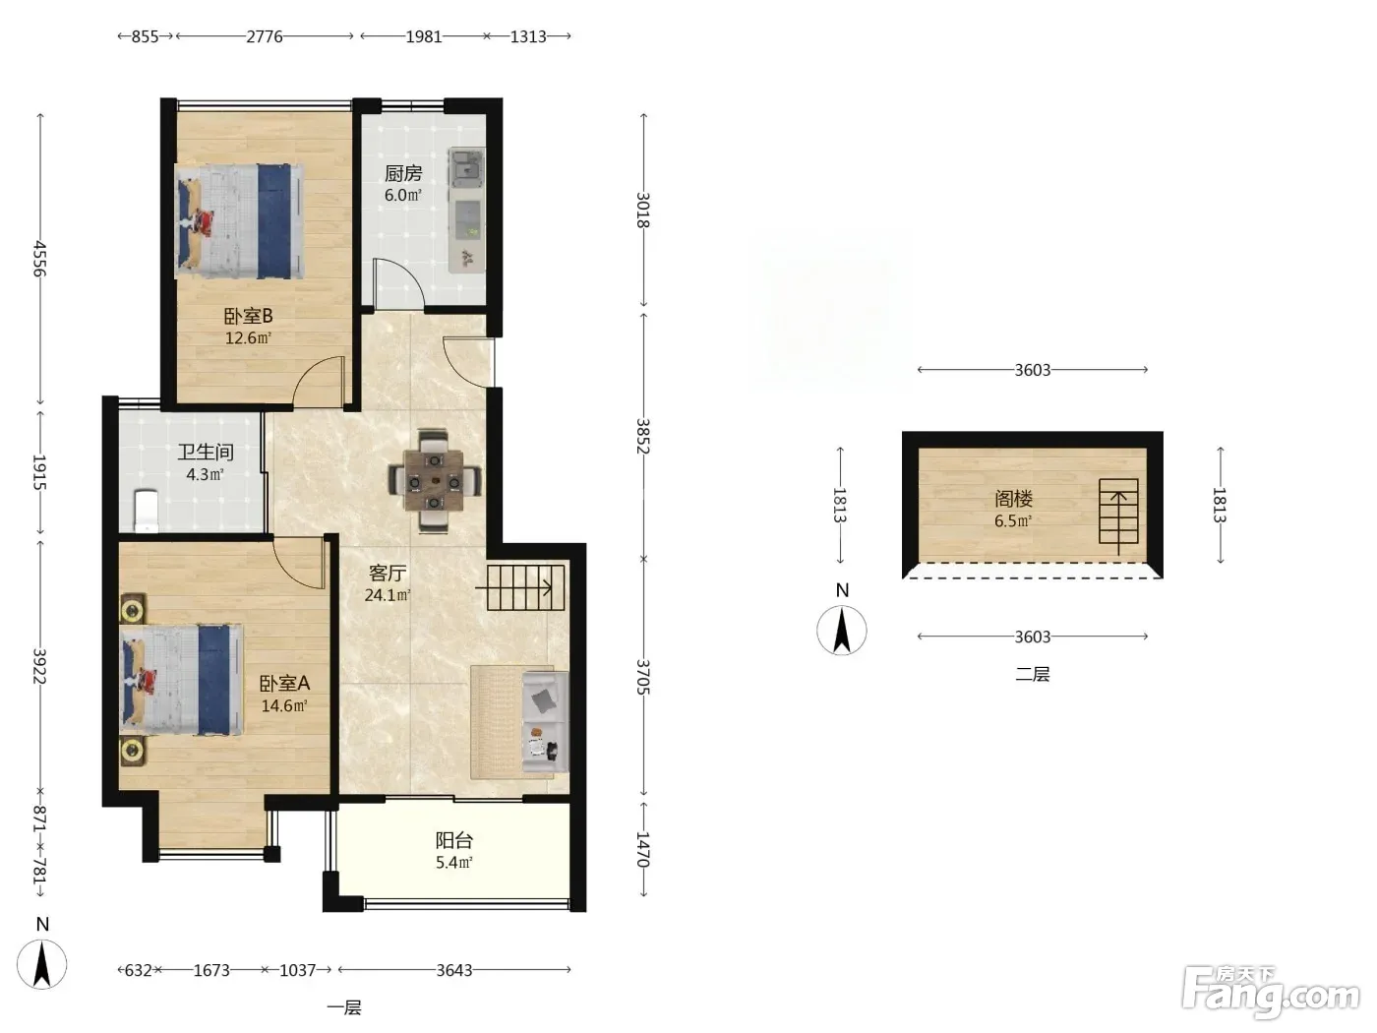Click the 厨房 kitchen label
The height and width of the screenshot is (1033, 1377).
(402, 173)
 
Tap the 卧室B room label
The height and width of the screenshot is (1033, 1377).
(249, 316)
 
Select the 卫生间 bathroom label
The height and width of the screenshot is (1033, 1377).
(206, 452)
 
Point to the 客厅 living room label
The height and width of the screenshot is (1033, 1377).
(388, 573)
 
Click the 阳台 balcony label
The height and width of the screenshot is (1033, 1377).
(454, 840)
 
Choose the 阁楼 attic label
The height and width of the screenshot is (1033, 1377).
(1013, 499)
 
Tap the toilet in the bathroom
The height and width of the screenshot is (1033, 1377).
(147, 511)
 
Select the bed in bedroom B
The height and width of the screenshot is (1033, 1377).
(239, 221)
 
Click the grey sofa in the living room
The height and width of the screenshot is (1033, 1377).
(545, 722)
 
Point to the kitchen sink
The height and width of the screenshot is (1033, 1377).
(467, 167)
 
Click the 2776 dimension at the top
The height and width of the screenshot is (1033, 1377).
(265, 36)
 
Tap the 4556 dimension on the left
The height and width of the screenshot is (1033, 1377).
(40, 259)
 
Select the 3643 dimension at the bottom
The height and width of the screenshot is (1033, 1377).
(454, 970)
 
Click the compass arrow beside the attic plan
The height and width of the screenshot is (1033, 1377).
(841, 631)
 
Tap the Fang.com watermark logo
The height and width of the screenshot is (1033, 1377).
(1271, 991)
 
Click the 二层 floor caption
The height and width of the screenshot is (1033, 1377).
(1033, 674)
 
